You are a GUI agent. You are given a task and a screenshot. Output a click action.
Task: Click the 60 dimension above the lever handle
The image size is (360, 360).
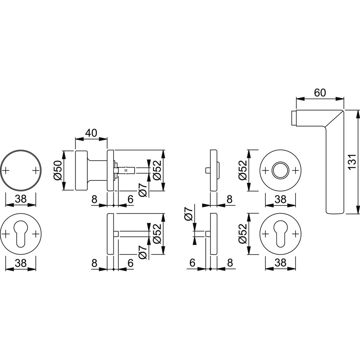pyautogui.click(x=320, y=93)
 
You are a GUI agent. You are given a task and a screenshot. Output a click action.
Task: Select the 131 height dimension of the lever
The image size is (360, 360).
pyautogui.click(x=352, y=162)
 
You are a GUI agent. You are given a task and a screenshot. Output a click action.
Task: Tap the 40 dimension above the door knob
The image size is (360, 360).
pyautogui.click(x=91, y=133)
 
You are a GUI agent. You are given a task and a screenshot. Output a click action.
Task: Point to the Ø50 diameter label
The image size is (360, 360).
pyautogui.click(x=58, y=170)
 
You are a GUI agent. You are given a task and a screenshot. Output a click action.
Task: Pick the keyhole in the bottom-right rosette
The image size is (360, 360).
pyautogui.click(x=280, y=234)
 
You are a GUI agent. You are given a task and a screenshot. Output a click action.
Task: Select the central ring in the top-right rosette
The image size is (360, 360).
pyautogui.click(x=280, y=170)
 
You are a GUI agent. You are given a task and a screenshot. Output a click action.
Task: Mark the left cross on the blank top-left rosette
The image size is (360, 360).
pyautogui.click(x=6, y=170)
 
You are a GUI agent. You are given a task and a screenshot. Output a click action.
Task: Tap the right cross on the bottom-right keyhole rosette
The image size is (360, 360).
pyautogui.click(x=296, y=234)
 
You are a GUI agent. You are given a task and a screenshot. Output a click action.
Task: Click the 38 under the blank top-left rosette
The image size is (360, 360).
pyautogui.click(x=21, y=199)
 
